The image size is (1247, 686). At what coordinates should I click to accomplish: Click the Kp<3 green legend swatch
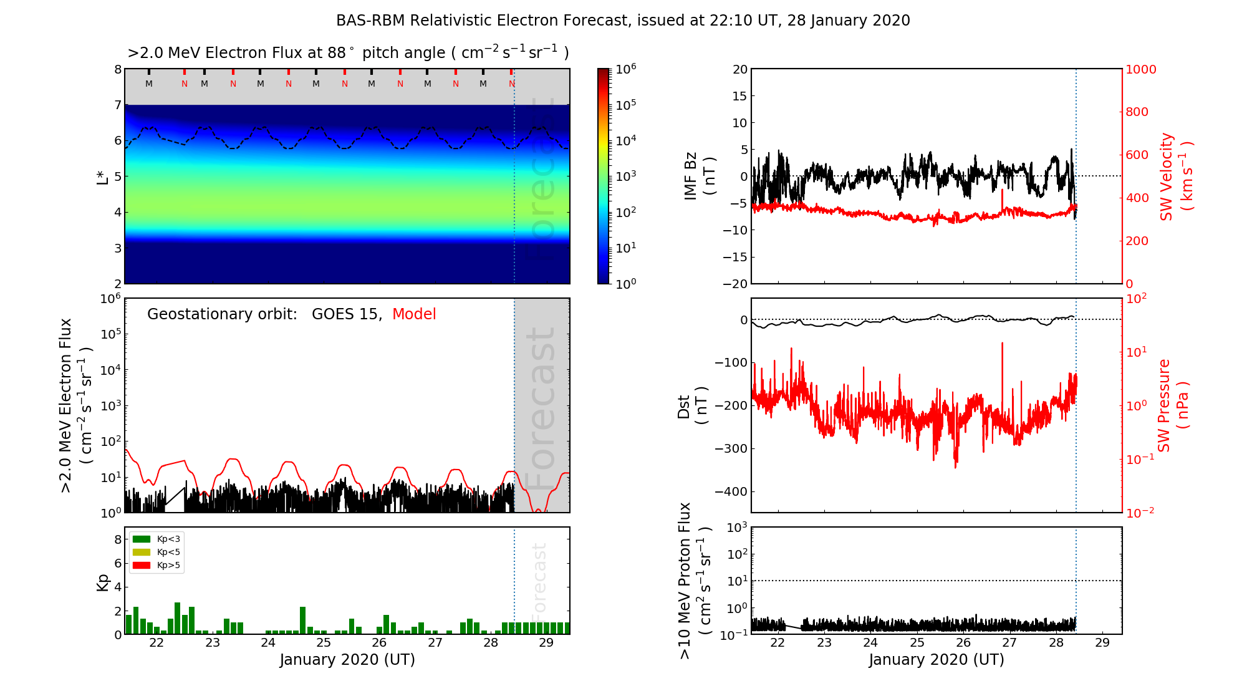pos(142,539)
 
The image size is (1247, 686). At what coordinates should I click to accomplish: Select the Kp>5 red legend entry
pos(156,566)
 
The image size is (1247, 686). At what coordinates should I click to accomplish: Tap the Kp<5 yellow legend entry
pos(156,552)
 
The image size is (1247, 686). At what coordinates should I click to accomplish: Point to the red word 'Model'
pos(414,314)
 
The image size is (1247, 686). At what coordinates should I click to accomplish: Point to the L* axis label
pos(103,176)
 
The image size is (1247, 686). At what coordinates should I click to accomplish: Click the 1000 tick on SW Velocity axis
pos(1140,69)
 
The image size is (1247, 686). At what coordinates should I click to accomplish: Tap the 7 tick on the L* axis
pos(117,105)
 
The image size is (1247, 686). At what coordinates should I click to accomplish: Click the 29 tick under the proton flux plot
pos(1102,643)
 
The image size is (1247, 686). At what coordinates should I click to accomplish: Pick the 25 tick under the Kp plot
pos(324,643)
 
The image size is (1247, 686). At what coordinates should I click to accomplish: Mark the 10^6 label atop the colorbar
pos(626,69)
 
